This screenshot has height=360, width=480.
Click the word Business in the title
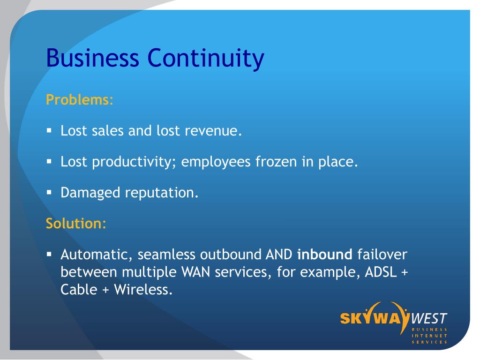[92, 58]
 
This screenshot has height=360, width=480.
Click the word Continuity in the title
[206, 59]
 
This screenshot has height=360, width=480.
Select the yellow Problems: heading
[80, 100]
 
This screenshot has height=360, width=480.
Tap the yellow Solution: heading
[76, 223]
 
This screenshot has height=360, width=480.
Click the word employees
[216, 162]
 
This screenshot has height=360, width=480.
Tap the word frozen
[276, 162]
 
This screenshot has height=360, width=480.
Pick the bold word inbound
[325, 255]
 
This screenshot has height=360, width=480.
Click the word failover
[382, 255]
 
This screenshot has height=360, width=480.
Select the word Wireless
[143, 289]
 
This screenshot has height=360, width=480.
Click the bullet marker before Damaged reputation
[49, 193]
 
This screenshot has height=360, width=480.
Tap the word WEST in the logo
[429, 319]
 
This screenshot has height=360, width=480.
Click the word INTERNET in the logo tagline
[429, 336]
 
